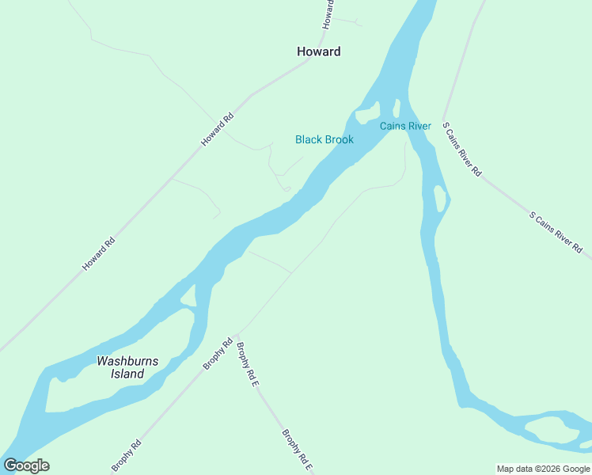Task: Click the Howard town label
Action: (x=318, y=51)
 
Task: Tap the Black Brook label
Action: (x=324, y=139)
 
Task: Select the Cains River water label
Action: (x=405, y=126)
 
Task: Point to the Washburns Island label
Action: (x=127, y=367)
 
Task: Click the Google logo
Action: (x=26, y=465)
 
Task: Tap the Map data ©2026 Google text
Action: (x=543, y=469)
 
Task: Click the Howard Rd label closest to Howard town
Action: (x=218, y=129)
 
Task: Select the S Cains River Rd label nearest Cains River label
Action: (x=461, y=149)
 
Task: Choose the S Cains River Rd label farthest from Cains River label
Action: (x=556, y=231)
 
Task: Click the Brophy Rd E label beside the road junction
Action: (x=248, y=364)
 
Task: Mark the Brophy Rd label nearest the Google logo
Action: (x=126, y=455)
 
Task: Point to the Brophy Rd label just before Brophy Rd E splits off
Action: (x=217, y=354)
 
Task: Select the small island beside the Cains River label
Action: (x=367, y=115)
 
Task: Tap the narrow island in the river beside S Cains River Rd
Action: (x=438, y=198)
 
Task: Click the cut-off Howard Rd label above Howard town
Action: (x=328, y=14)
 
